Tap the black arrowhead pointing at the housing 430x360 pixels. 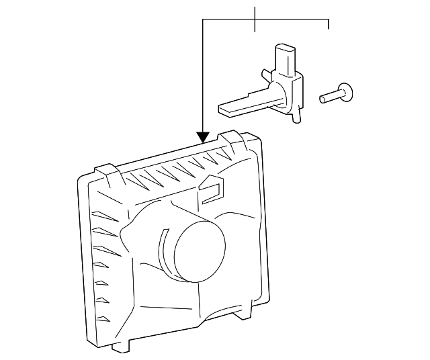click(203, 138)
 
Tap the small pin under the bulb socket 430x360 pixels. click(296, 118)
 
